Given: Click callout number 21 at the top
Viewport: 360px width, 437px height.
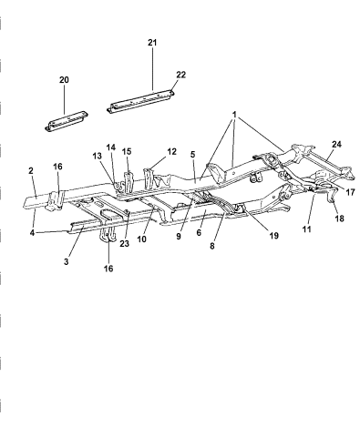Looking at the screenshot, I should [152, 44].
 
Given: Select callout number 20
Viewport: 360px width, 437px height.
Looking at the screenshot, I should [64, 80].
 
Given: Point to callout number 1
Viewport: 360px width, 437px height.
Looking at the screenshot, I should [234, 117].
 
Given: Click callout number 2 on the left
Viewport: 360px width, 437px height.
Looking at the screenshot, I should [30, 170].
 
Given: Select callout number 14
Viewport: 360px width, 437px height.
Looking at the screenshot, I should [110, 147].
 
